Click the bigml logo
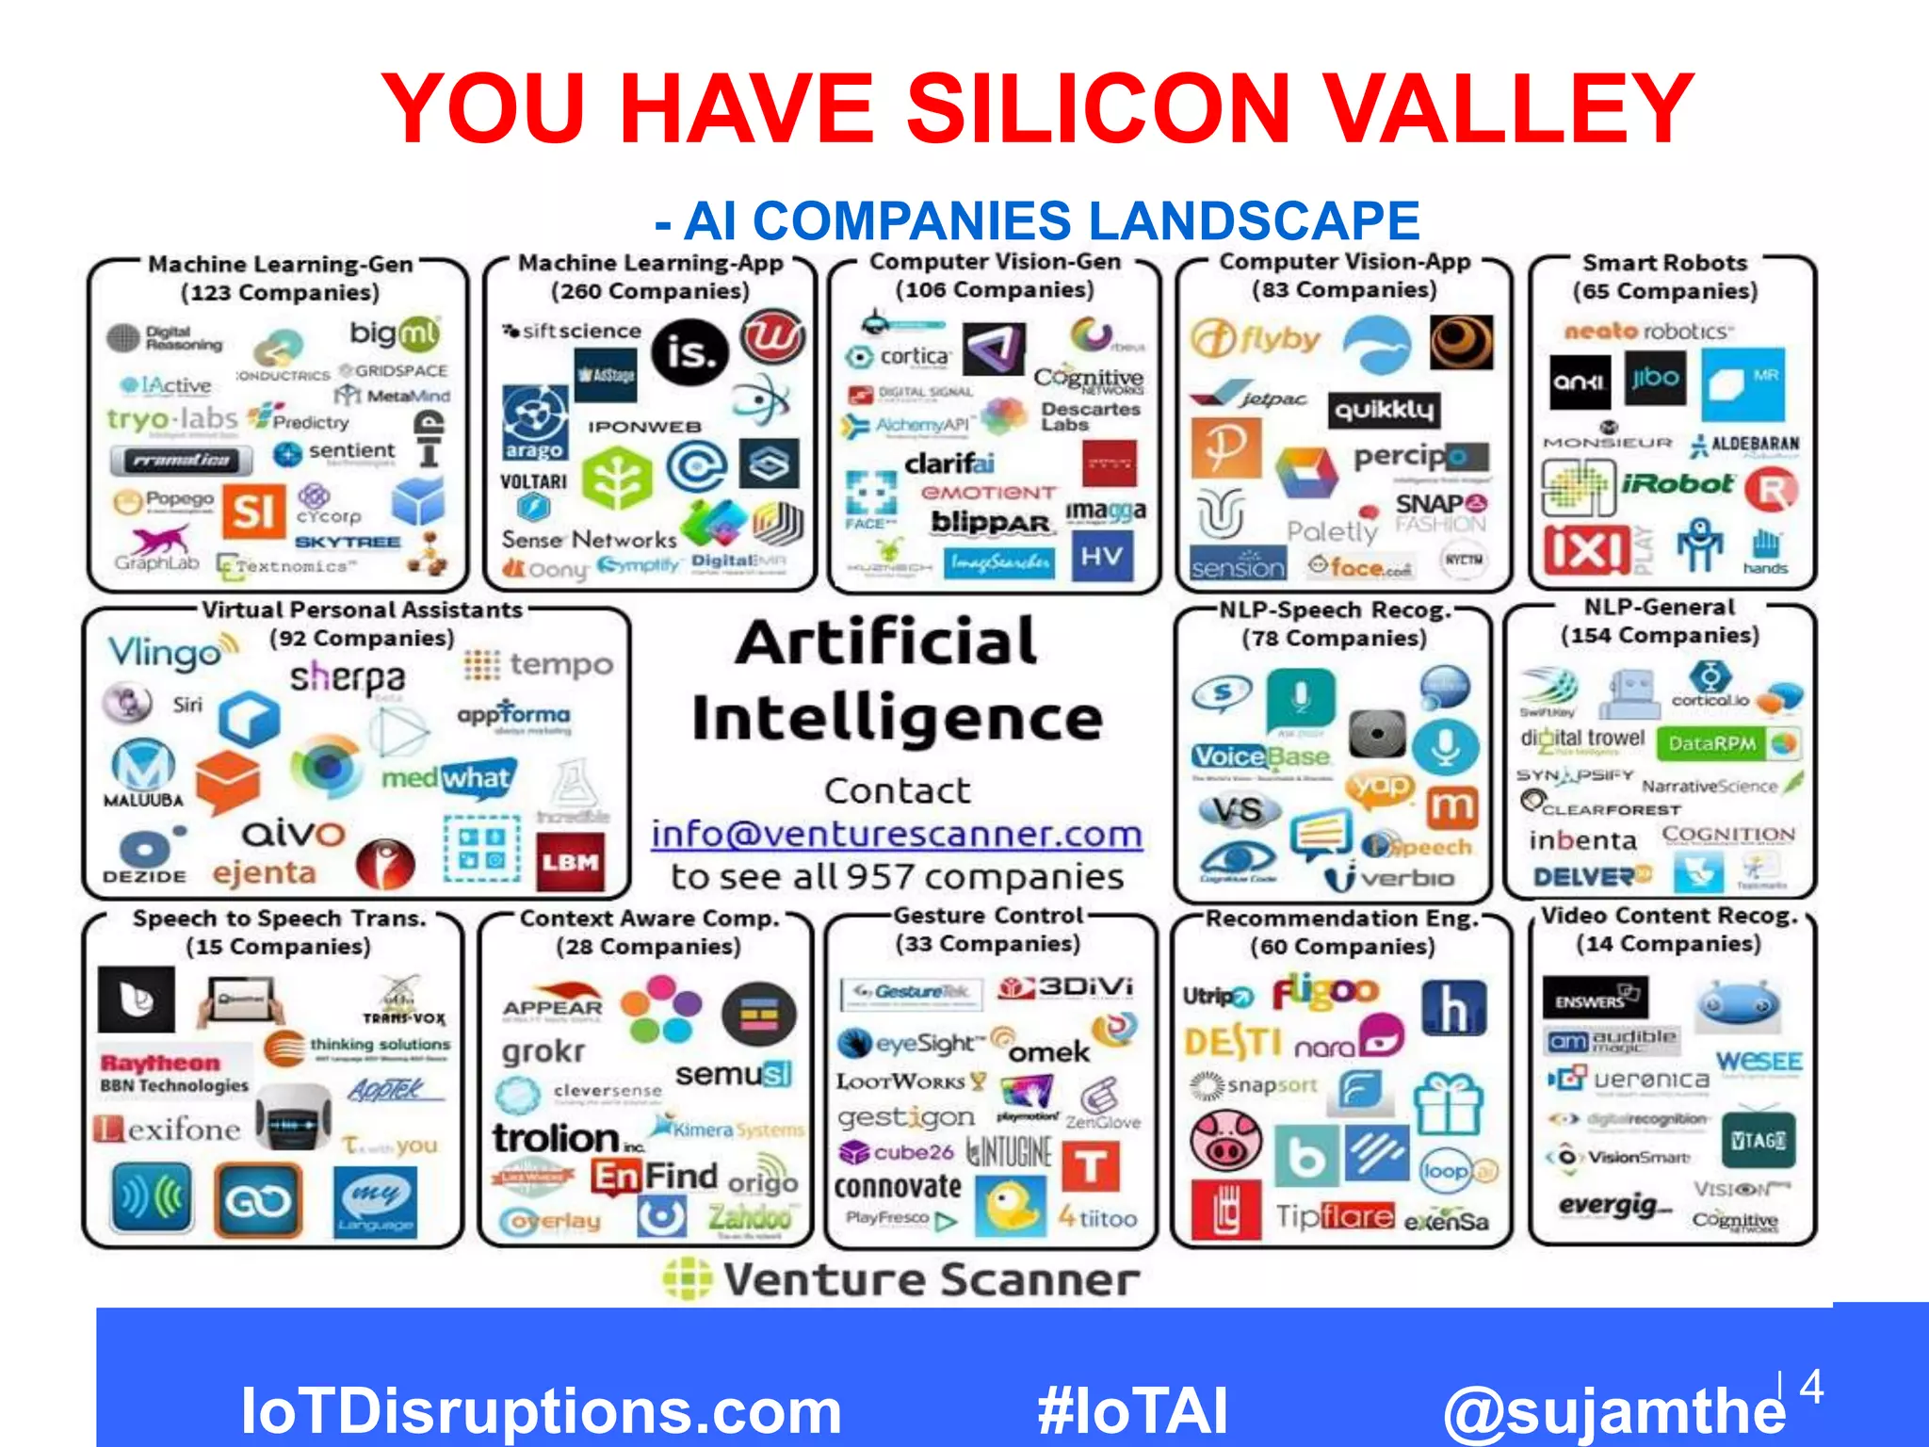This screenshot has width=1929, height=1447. coord(395,333)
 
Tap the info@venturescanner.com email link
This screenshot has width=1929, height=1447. coord(897,835)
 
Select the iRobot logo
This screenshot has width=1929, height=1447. coord(1678,484)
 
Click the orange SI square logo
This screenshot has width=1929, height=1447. coord(253,512)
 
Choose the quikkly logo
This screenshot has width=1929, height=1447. coord(1384,409)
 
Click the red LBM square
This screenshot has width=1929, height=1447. coord(571,862)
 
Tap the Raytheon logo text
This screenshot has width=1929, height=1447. coord(160,1063)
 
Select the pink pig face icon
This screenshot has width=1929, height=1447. coord(1224,1140)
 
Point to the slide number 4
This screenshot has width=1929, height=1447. coord(1811,1387)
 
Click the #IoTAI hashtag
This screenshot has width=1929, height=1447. coord(1131,1411)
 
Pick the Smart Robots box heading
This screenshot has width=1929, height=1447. coord(1664,263)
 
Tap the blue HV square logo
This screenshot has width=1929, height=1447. coord(1102,556)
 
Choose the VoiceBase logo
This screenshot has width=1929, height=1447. coord(1260,756)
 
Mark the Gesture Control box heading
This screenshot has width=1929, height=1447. coord(988,916)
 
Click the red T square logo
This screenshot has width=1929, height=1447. coord(1091,1167)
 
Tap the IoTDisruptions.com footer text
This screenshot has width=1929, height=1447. coord(541,1411)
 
